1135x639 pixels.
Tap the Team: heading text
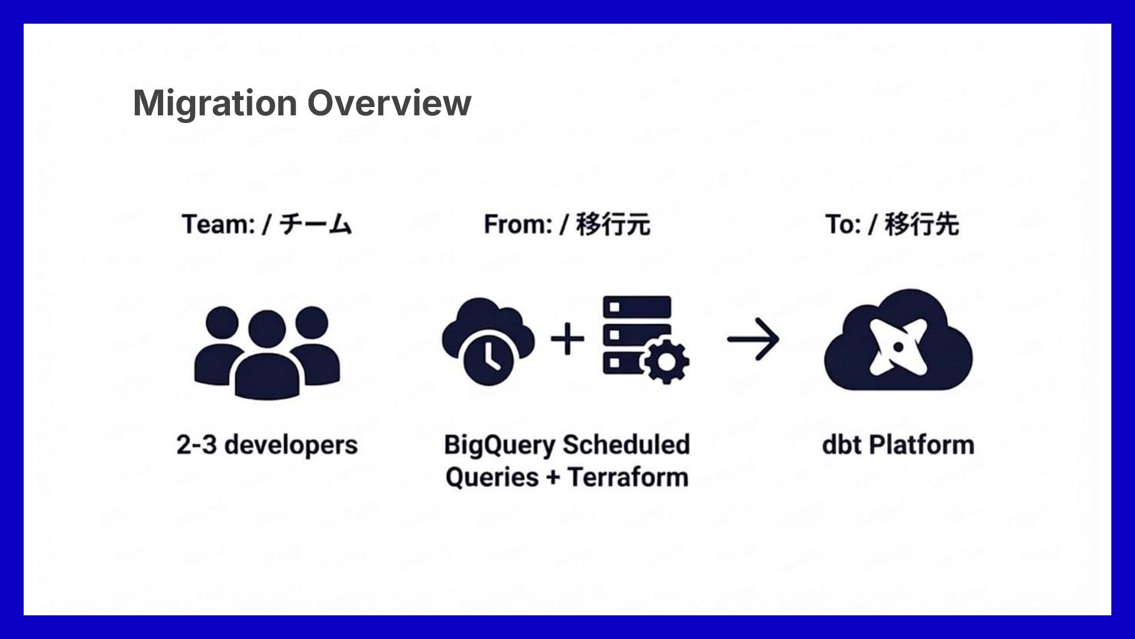218,225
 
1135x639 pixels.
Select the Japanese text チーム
316,225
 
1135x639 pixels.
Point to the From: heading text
518,225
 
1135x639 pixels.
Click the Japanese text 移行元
613,225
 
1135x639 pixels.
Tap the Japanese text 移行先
922,225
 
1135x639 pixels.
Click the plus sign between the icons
567,339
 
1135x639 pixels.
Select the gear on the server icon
666,361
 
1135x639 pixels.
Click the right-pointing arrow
753,339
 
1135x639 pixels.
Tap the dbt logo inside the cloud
897,346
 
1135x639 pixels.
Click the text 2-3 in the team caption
196,445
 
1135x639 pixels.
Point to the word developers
291,446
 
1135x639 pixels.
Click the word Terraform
628,477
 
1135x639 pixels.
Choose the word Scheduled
626,445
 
